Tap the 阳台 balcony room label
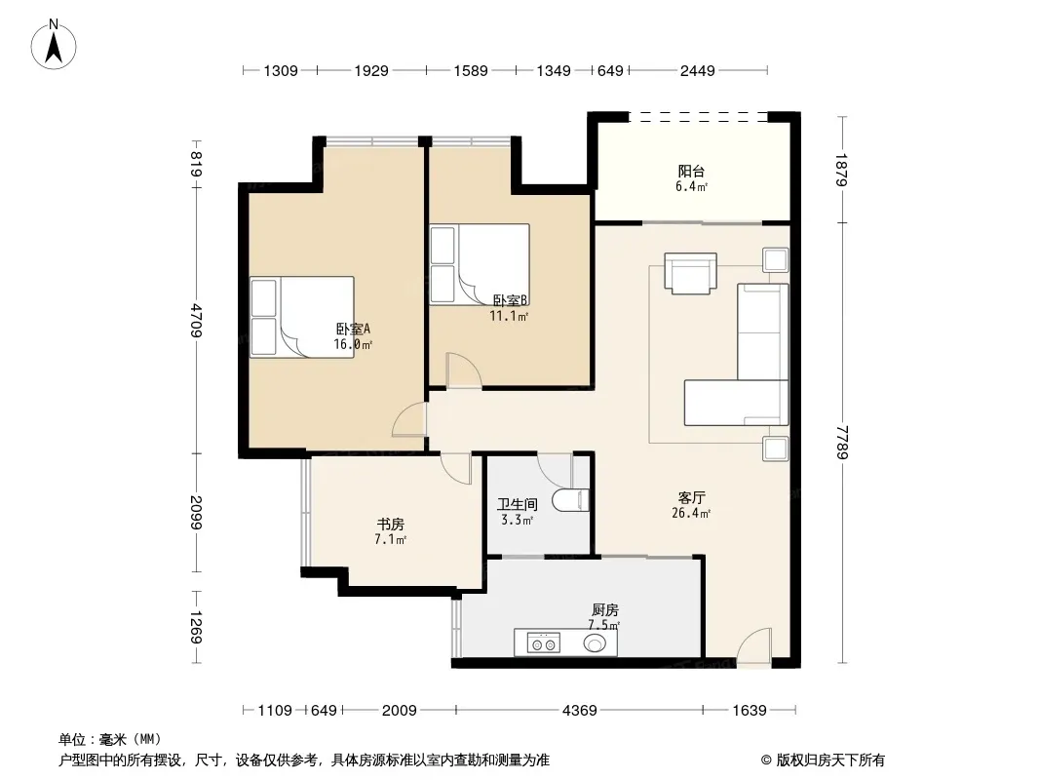(691, 171)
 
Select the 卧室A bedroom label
(353, 329)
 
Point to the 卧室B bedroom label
(510, 301)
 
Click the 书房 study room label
(390, 525)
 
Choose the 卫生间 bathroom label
(517, 504)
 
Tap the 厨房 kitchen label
(604, 609)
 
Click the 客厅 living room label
(691, 497)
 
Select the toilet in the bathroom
(570, 500)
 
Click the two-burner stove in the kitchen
(543, 643)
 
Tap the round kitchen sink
(596, 643)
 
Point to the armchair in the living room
(690, 272)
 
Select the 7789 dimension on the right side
(841, 442)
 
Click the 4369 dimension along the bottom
(579, 711)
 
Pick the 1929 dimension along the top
(371, 70)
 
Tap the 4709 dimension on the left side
(196, 320)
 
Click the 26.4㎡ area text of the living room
(691, 513)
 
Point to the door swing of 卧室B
(463, 370)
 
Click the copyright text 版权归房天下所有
(830, 760)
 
